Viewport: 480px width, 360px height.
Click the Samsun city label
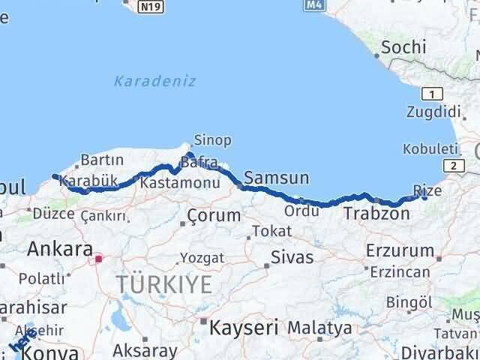click(x=277, y=178)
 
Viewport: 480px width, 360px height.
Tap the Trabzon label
click(x=376, y=214)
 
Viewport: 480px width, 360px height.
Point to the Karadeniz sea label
click(x=155, y=81)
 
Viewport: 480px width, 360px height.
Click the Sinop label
click(x=212, y=140)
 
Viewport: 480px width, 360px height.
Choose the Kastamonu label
click(x=169, y=183)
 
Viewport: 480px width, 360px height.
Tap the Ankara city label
click(x=59, y=248)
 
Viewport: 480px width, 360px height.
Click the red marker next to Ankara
click(x=97, y=259)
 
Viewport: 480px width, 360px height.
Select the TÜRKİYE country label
click(x=164, y=284)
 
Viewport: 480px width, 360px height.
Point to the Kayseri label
click(x=244, y=327)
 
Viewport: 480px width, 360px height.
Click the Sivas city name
click(x=292, y=258)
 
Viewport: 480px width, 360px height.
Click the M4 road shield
click(x=313, y=5)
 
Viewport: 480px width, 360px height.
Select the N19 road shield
click(x=149, y=7)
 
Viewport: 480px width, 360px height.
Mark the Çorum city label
click(x=214, y=215)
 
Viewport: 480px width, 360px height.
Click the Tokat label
click(x=271, y=231)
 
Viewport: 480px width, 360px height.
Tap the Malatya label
click(x=319, y=328)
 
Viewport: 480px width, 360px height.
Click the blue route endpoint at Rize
click(x=424, y=196)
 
